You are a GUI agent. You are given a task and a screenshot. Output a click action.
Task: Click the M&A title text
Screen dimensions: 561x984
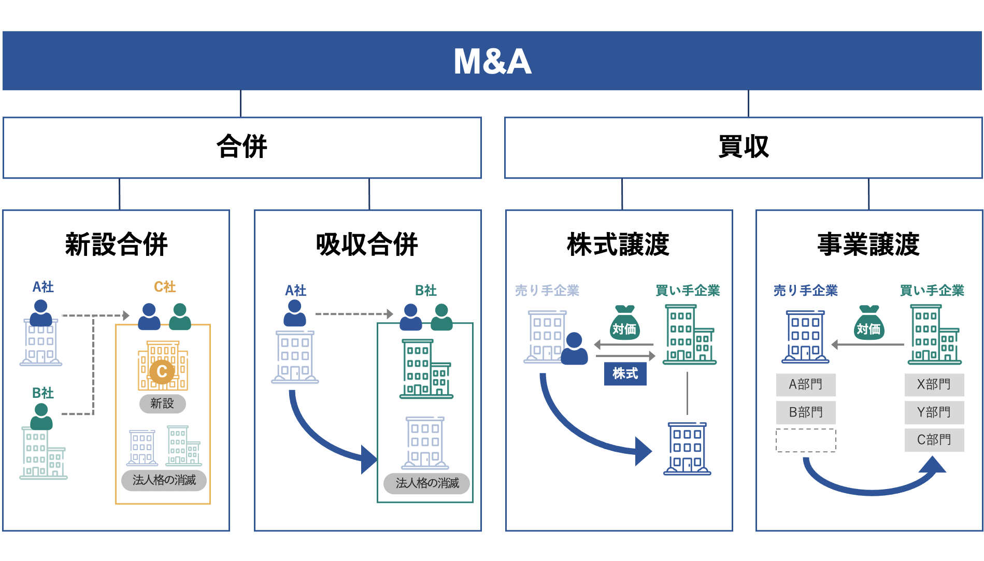click(492, 62)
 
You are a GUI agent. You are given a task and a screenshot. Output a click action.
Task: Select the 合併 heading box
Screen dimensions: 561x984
click(242, 148)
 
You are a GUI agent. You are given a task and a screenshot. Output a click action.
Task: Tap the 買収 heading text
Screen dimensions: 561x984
click(744, 147)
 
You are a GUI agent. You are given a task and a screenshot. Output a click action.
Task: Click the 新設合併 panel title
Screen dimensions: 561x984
click(116, 244)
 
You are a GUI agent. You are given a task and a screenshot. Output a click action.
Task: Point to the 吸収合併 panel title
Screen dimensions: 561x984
click(367, 244)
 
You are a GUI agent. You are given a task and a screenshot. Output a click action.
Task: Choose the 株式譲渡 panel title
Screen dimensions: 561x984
click(618, 244)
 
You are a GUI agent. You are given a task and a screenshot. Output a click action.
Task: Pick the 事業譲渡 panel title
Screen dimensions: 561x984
click(868, 244)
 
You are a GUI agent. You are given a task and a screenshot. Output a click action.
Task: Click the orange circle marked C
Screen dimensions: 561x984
click(162, 371)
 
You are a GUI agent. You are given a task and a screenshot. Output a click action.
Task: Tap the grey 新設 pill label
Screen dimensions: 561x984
click(162, 404)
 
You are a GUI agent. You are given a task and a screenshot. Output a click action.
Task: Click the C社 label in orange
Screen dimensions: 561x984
click(165, 286)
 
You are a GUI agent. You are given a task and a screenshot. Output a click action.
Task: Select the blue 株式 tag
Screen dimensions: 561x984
click(625, 373)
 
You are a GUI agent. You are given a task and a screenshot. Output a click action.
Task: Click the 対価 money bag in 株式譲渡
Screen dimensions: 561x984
click(624, 324)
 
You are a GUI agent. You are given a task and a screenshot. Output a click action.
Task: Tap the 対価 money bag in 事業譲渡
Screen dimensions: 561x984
click(868, 324)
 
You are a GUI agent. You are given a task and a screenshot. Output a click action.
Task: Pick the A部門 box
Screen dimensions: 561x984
click(806, 384)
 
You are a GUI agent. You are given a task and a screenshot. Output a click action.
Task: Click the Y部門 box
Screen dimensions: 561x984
click(934, 412)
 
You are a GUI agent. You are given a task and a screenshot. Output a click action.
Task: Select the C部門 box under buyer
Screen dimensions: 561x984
click(934, 440)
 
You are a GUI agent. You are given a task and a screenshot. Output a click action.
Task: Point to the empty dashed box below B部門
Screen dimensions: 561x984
click(806, 440)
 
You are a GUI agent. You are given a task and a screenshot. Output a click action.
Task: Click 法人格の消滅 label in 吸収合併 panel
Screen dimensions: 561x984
click(427, 483)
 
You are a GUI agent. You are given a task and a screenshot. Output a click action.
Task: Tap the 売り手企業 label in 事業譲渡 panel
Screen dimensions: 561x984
click(805, 291)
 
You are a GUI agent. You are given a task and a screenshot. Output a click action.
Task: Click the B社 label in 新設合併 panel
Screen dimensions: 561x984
click(43, 393)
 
